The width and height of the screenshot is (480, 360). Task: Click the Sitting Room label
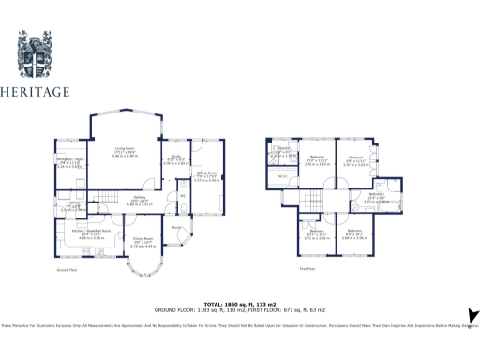205,173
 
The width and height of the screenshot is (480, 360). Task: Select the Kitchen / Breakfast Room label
92,232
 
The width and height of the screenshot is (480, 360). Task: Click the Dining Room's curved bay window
144,273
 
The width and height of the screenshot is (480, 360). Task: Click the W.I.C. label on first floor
282,175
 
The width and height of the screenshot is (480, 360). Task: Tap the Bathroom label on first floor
376,198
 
